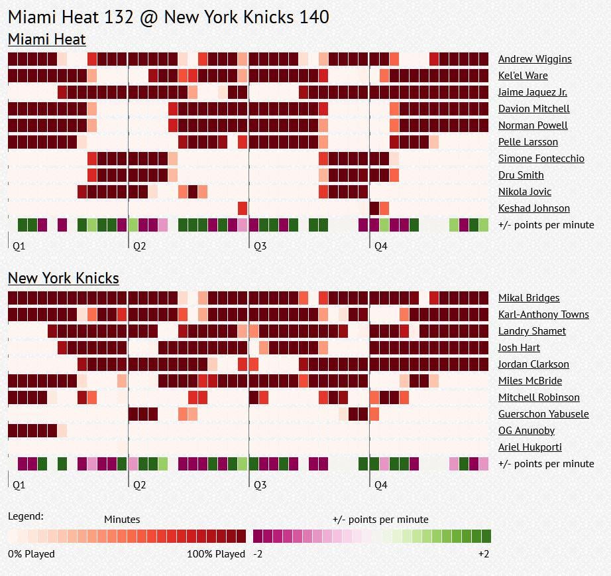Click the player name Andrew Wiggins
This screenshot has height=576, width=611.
pos(534,59)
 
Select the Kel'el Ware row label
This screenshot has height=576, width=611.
pos(523,76)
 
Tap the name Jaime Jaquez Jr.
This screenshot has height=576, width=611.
pos(532,92)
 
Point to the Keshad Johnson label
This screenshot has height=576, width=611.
pos(533,208)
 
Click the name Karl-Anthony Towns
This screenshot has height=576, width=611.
pos(543,315)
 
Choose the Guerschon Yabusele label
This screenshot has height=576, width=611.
pos(543,414)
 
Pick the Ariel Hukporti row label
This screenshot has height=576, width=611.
pos(529,447)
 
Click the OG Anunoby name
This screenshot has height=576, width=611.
pos(526,431)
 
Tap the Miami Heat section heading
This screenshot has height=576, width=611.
pos(46,39)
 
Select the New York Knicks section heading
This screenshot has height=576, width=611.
pos(63,278)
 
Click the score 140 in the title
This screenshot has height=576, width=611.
pos(312,17)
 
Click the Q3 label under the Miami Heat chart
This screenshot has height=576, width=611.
pos(260,246)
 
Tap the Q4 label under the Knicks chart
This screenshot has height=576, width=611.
pos(380,485)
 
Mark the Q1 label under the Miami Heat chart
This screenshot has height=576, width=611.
pos(19,246)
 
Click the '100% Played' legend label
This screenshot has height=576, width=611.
pos(216,554)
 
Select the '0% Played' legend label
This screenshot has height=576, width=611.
pos(31,554)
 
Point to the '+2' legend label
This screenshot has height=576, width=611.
pos(484,554)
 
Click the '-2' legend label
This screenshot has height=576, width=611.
pos(259,554)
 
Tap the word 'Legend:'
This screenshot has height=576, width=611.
pos(26,516)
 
